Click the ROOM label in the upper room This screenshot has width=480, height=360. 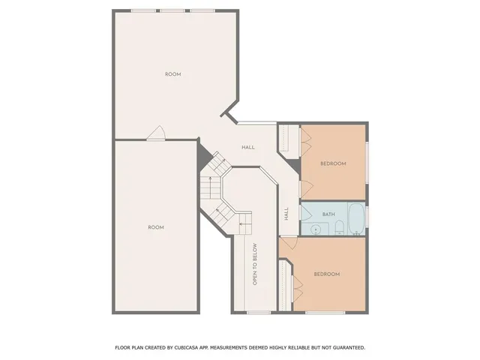(173, 74)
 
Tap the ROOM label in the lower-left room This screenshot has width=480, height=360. (155, 227)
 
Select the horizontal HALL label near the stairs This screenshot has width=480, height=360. (247, 147)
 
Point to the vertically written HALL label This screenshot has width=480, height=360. (286, 214)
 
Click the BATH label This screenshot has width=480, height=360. (328, 214)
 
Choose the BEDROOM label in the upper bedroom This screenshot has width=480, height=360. (333, 163)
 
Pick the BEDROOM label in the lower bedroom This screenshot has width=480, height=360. (326, 274)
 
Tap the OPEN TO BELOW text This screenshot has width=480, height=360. (255, 264)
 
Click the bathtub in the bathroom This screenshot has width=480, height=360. (356, 219)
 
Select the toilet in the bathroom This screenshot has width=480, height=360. (339, 227)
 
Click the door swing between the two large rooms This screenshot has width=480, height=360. (156, 133)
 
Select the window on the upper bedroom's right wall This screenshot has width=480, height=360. (367, 161)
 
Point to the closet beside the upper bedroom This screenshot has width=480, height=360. (285, 139)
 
